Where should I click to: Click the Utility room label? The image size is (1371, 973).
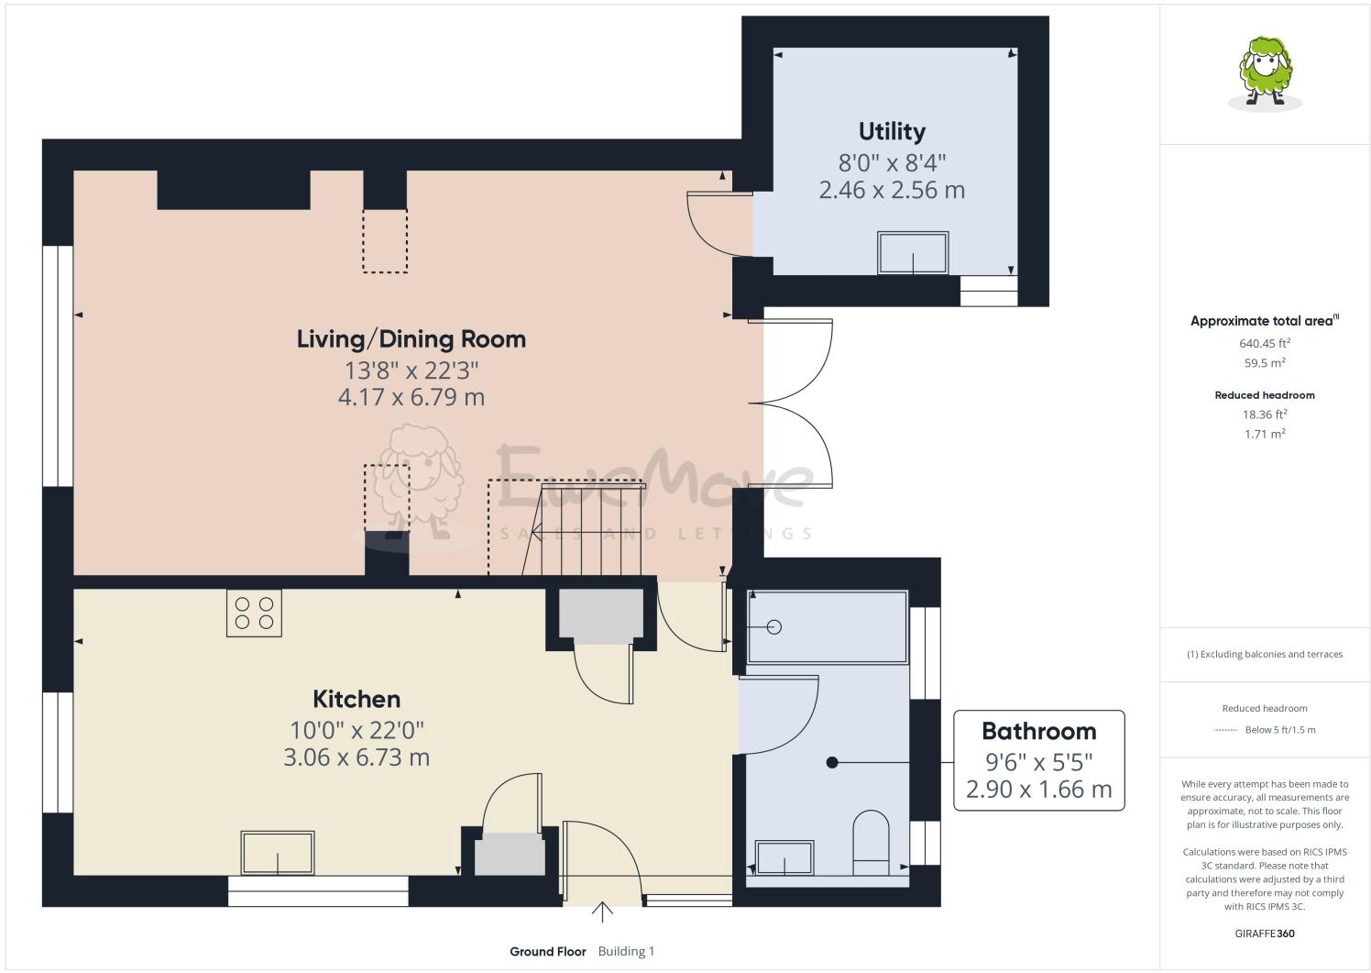pyautogui.click(x=892, y=132)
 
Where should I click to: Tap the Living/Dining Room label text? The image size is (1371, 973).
pyautogui.click(x=411, y=339)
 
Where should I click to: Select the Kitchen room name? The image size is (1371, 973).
pyautogui.click(x=356, y=700)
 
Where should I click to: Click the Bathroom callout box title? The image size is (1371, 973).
pyautogui.click(x=1038, y=732)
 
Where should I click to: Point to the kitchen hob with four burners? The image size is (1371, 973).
pyautogui.click(x=254, y=613)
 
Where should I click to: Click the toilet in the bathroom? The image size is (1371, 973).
pyautogui.click(x=871, y=842)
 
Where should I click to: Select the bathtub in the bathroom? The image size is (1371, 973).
pyautogui.click(x=828, y=628)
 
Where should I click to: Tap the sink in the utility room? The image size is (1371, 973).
pyautogui.click(x=913, y=253)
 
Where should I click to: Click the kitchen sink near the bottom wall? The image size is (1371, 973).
pyautogui.click(x=278, y=854)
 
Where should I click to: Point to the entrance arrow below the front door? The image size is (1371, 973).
pyautogui.click(x=602, y=912)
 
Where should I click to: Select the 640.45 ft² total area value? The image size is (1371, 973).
pyautogui.click(x=1265, y=344)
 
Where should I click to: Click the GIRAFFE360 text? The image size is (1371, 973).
pyautogui.click(x=1265, y=934)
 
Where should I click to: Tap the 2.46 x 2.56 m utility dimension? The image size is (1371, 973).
pyautogui.click(x=892, y=191)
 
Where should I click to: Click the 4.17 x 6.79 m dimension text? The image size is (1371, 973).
pyautogui.click(x=411, y=398)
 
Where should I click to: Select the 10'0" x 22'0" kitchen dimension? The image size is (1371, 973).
pyautogui.click(x=356, y=731)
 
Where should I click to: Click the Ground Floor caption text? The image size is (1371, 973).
pyautogui.click(x=548, y=952)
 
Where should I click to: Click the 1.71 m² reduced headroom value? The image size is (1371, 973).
pyautogui.click(x=1265, y=435)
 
